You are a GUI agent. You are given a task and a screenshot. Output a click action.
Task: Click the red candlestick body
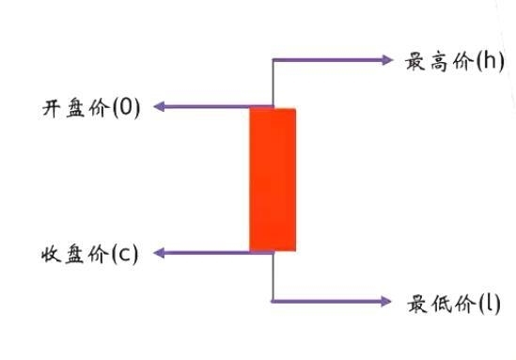click(x=273, y=180)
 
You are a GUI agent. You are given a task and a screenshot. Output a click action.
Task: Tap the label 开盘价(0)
click(x=90, y=107)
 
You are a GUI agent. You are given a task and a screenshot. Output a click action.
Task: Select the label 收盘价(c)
click(x=90, y=254)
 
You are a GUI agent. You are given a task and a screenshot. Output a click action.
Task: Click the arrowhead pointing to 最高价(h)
click(x=386, y=60)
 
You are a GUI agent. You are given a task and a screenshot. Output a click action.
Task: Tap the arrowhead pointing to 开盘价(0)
click(x=160, y=107)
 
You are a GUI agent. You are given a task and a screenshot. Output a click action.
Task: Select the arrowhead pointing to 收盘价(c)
click(x=160, y=253)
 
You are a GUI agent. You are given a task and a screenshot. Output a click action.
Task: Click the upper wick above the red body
click(x=273, y=85)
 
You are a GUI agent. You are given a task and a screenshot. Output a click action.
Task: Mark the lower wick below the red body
click(x=273, y=276)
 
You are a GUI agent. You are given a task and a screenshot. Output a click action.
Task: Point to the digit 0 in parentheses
click(x=126, y=107)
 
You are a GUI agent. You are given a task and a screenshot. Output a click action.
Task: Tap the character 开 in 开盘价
click(x=52, y=107)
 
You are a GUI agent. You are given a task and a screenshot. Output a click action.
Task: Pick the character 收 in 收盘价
click(x=52, y=254)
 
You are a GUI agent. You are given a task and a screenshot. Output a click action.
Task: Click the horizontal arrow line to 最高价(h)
click(x=329, y=60)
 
